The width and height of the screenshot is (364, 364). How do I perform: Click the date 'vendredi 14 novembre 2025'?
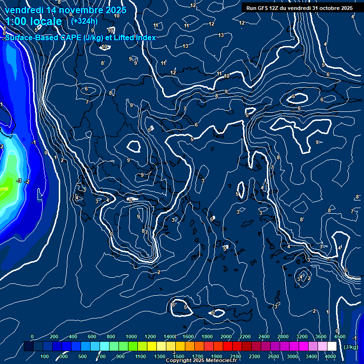point(65,10)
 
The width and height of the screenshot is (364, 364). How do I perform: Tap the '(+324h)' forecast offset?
point(84,21)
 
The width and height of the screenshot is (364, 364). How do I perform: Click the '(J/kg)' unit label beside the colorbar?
point(351,347)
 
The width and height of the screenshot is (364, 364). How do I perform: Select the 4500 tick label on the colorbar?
point(339,337)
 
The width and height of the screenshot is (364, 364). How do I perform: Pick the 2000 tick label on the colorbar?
point(226,337)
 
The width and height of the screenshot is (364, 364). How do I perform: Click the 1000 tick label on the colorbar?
point(131,337)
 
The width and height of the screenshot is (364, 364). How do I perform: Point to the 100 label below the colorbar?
point(45,356)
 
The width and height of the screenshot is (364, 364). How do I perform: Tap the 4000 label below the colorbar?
point(330,356)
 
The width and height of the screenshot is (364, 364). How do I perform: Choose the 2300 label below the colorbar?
point(255,356)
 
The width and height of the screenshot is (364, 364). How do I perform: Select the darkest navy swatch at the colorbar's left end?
point(28,346)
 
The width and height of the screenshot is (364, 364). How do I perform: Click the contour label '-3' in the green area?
point(19,181)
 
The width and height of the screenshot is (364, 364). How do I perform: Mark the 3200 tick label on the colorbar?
point(301,337)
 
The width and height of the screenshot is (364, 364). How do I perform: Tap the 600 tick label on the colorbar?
point(92,337)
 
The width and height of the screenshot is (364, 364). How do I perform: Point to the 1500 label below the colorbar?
point(179,356)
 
